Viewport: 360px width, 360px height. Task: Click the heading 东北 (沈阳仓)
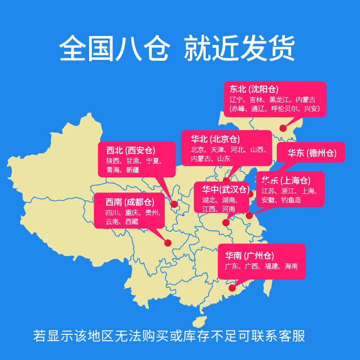click(x=255, y=89)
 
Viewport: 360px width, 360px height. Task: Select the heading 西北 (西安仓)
click(x=130, y=150)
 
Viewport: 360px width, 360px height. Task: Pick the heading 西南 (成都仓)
click(x=130, y=202)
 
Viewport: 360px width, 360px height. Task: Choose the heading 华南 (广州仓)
click(x=250, y=256)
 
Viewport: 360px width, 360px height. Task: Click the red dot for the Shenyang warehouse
click(x=283, y=128)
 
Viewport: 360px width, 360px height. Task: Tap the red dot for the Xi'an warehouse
click(x=174, y=204)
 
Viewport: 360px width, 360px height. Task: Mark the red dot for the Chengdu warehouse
click(x=168, y=243)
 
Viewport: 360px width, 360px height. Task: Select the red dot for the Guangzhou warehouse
click(x=232, y=288)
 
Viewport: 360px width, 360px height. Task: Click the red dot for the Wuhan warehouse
click(x=226, y=222)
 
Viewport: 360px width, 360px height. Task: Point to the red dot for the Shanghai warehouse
click(x=249, y=216)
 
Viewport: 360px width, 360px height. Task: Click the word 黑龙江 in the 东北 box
click(x=280, y=99)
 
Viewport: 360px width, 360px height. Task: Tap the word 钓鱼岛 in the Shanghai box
click(x=291, y=200)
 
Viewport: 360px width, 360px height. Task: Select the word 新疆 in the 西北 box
click(x=133, y=170)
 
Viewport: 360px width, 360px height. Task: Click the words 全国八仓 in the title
click(x=114, y=48)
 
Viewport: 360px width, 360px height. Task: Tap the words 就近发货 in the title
click(x=239, y=48)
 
